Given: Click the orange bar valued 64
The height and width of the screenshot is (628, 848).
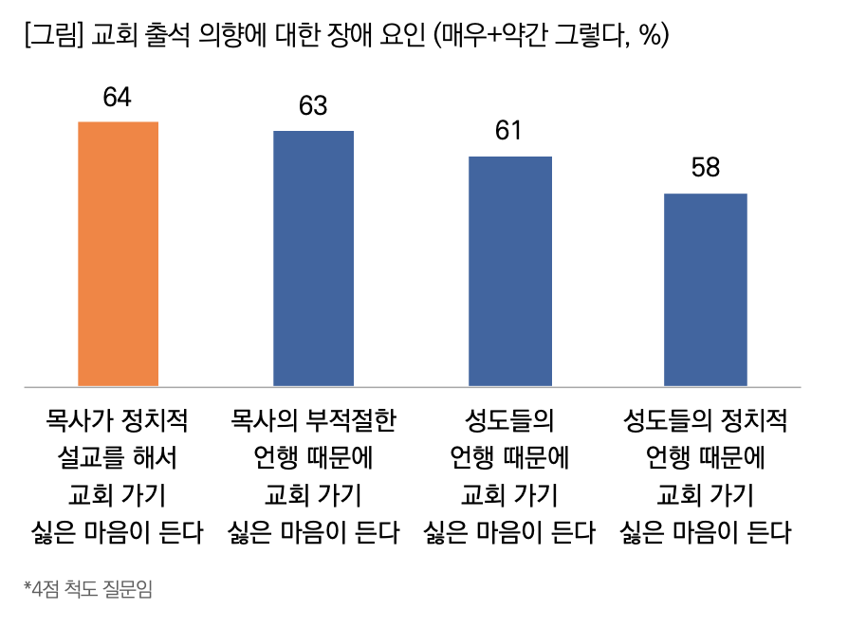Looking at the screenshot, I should (x=118, y=253).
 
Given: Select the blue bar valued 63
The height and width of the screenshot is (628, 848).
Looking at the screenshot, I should (x=313, y=258).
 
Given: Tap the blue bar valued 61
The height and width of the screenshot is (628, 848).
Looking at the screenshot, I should (x=509, y=270).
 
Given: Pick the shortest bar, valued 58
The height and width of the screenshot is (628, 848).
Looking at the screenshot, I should (x=706, y=289).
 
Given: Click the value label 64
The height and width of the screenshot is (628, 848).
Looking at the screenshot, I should (x=117, y=98).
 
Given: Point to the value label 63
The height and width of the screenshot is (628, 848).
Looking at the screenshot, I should (x=313, y=106).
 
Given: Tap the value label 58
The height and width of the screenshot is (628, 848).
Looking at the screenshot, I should (x=706, y=169).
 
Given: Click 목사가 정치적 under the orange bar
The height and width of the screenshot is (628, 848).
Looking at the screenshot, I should (x=118, y=419).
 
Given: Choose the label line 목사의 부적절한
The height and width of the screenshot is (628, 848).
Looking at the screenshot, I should (x=313, y=419).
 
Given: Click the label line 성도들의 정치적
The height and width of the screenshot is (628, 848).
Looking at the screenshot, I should (x=706, y=419).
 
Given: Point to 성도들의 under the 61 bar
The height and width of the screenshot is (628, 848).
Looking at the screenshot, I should (x=509, y=419).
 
